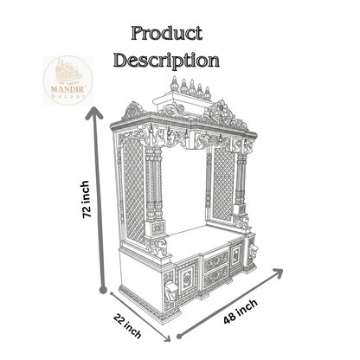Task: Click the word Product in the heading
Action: (x=166, y=33)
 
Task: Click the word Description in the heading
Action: (x=166, y=60)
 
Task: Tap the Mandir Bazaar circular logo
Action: (x=67, y=80)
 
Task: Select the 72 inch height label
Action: (x=87, y=199)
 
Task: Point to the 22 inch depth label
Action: (x=127, y=325)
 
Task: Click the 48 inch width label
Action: (x=241, y=312)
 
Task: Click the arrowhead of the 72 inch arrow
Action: (x=94, y=113)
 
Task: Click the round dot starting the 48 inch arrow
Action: (x=179, y=336)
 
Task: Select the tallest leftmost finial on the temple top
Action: (x=174, y=84)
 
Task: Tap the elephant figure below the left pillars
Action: (x=157, y=247)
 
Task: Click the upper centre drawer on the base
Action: (x=216, y=260)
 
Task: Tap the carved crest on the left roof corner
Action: (x=134, y=111)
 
